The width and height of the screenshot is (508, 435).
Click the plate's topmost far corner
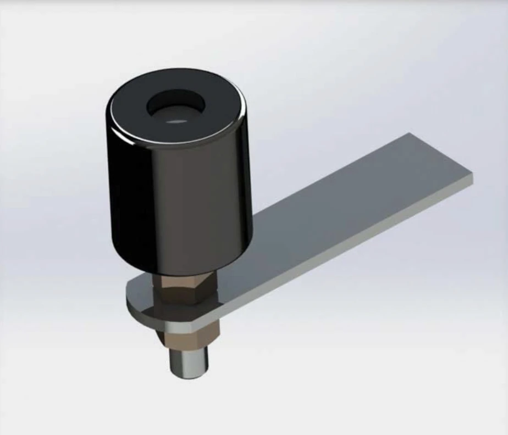408,133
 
